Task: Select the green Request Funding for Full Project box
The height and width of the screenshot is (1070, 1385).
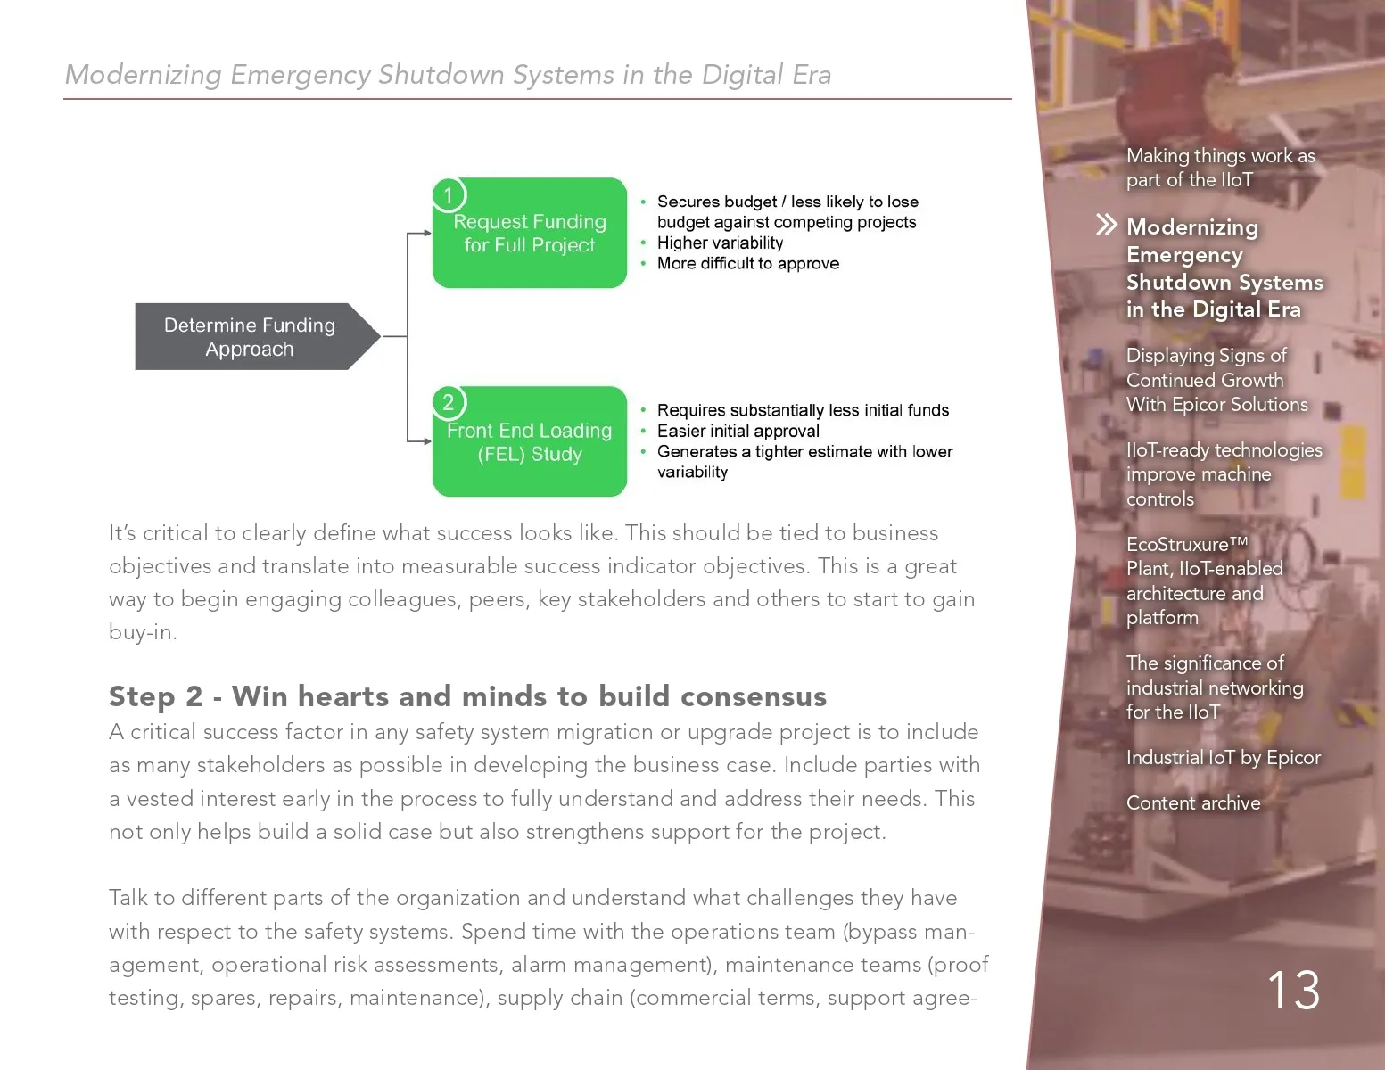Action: pos(530,233)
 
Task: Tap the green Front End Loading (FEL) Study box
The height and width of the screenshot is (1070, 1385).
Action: pos(530,441)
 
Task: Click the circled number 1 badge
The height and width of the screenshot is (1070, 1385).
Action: pos(449,195)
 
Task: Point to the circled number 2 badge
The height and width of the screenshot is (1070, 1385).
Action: pos(449,403)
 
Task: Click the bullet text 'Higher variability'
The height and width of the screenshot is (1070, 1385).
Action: pos(721,243)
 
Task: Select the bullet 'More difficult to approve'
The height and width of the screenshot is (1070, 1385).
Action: pos(748,263)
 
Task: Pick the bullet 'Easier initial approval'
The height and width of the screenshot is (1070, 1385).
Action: pos(738,431)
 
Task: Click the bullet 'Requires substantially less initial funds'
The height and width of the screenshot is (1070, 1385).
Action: pos(803,410)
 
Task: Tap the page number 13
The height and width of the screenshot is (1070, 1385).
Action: pos(1294,991)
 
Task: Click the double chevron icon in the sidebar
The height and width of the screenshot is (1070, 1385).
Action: pos(1107,225)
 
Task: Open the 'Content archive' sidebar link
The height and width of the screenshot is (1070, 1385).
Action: pos(1193,803)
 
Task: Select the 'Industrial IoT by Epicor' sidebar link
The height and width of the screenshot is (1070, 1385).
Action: pos(1223,758)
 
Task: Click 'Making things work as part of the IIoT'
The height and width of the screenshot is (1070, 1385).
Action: pos(1221,168)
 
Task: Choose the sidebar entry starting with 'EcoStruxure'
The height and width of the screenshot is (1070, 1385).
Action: pos(1205,580)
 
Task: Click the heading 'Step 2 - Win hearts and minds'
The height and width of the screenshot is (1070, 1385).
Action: pos(467,696)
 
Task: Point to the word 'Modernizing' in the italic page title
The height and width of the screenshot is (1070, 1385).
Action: pos(144,75)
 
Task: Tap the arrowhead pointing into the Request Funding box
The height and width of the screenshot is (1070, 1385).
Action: pos(428,234)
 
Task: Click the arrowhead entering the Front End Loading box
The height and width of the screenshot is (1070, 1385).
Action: pos(428,441)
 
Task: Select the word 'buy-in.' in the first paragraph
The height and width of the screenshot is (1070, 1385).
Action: pos(143,632)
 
